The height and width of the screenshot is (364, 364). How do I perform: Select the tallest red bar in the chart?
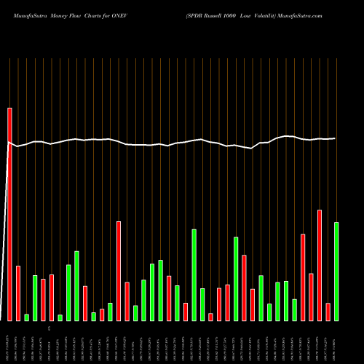coord(9,214)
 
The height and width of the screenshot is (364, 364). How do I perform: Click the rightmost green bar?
coord(336,271)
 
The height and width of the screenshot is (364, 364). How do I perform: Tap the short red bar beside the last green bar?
coord(328,312)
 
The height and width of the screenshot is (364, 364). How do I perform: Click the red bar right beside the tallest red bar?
coord(18,293)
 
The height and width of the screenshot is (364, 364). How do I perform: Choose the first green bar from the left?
coord(26,317)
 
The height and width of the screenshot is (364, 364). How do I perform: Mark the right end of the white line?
coord(335,138)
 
